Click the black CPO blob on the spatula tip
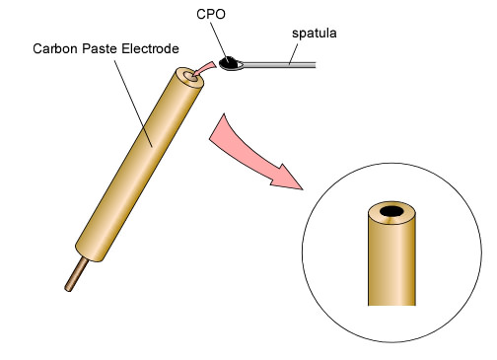point(233,65)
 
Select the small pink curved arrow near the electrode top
point(204,69)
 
